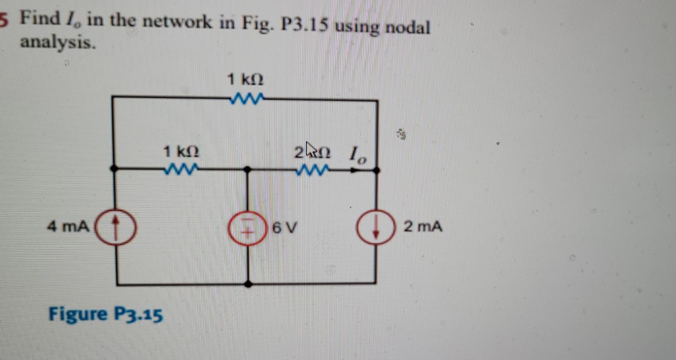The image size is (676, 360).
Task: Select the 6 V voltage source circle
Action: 247,228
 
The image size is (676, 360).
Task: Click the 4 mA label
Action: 68,226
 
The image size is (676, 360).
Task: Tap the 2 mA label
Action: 423,226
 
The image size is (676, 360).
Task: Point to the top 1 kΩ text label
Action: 245,79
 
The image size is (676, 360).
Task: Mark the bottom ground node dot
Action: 248,284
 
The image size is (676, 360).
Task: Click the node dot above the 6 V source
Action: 248,170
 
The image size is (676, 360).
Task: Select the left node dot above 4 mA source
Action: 114,169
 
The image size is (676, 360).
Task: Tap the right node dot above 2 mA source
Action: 376,170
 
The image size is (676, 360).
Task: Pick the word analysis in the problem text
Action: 58,43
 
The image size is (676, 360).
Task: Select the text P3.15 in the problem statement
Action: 305,25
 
